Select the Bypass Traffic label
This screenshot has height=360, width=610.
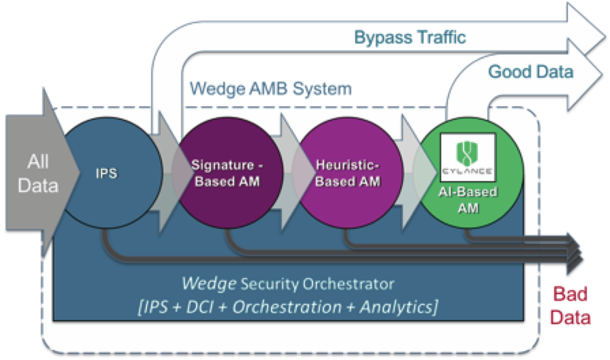point(409,37)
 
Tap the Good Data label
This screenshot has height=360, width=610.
point(531,71)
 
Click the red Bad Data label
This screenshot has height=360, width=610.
point(571,306)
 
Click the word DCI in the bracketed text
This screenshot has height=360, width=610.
point(207,306)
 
